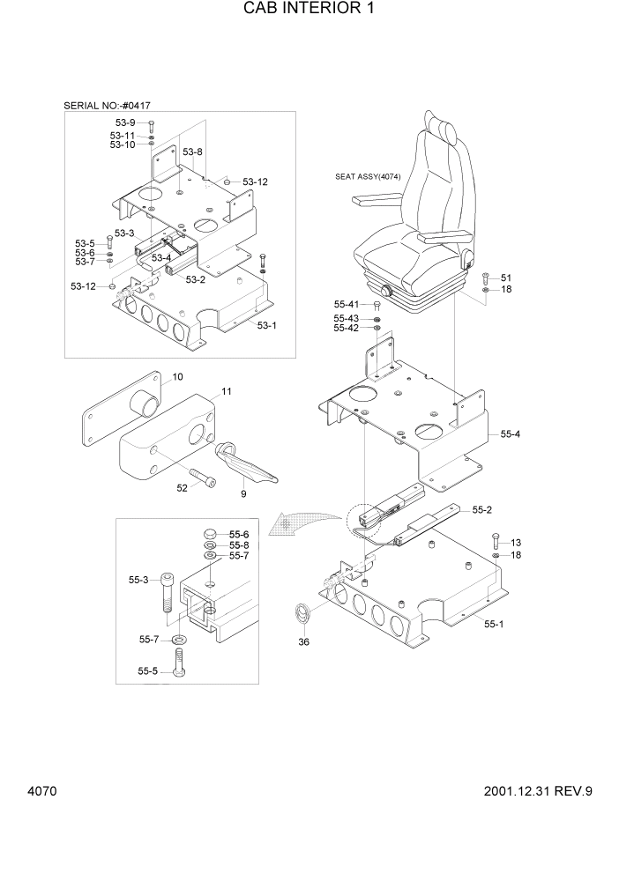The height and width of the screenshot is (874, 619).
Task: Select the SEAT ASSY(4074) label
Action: point(368,177)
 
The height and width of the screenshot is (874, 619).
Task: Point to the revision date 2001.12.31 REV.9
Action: point(538,790)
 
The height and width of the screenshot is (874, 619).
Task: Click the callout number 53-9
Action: point(124,122)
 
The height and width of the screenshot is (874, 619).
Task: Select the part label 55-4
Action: point(511,434)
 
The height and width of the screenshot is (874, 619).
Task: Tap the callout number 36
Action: point(304,642)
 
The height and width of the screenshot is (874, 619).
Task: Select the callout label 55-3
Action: point(138,580)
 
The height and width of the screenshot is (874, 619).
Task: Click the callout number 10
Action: point(177,377)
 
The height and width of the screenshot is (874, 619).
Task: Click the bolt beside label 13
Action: point(496,540)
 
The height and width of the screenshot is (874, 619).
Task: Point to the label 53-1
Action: point(266,325)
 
